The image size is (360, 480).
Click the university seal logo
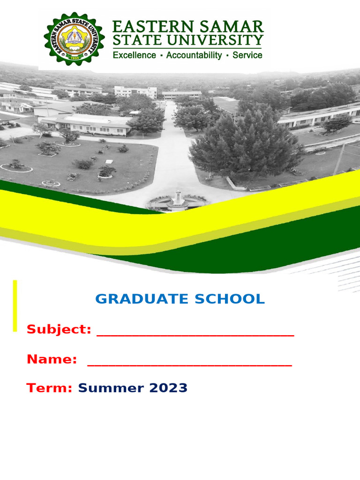[75, 38]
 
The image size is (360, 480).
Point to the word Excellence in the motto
[134, 55]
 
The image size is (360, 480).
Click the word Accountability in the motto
[194, 55]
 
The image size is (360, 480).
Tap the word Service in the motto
[247, 55]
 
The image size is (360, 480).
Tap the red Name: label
[52, 360]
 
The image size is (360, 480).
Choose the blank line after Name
[189, 364]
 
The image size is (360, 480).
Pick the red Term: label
[49, 388]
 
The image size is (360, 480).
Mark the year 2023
[168, 388]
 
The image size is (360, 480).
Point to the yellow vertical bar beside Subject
[15, 306]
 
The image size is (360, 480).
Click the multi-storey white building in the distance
[135, 92]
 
